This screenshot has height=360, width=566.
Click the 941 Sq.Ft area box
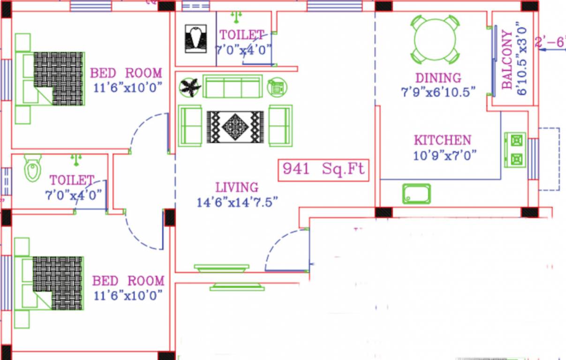[324, 170]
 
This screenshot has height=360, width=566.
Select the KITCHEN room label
[442, 140]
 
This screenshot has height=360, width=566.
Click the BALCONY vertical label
[507, 60]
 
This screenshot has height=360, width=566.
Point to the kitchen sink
[416, 194]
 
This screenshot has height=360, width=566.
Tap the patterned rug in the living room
[235, 127]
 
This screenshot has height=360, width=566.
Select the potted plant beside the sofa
[190, 87]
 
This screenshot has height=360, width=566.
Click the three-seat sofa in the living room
[233, 87]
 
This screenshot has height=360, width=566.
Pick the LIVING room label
[237, 187]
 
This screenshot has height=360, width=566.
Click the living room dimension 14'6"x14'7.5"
[237, 202]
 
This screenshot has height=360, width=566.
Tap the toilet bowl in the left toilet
[32, 169]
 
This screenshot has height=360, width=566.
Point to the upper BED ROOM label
[126, 73]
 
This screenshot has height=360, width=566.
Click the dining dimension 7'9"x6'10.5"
[438, 92]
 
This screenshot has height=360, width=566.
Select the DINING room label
[438, 77]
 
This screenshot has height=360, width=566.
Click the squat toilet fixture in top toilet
[196, 38]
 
